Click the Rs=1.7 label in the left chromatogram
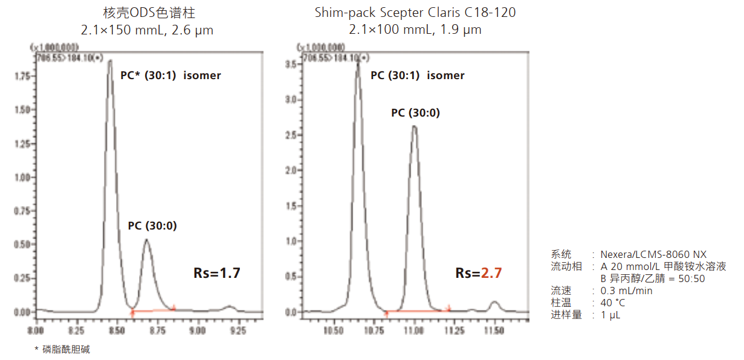tap(217, 273)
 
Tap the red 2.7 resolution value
tap(491, 273)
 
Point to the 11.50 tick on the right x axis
tap(494, 330)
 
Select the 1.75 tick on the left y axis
tap(22, 77)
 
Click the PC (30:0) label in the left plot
tap(152, 227)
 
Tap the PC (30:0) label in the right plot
tap(415, 113)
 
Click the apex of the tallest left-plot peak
tap(110, 60)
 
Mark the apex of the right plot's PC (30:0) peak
tap(414, 126)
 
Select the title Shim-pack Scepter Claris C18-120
tap(415, 12)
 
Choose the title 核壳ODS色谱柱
tap(147, 12)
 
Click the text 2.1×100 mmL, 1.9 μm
tap(415, 29)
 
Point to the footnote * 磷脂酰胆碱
tap(62, 350)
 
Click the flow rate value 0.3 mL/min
tap(626, 291)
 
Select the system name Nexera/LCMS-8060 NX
tap(653, 254)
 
